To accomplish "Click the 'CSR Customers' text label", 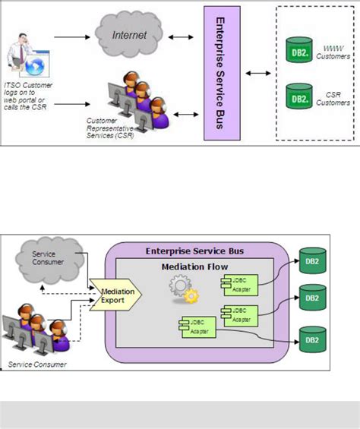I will click(x=333, y=98).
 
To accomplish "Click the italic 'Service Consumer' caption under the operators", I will click(x=36, y=364).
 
